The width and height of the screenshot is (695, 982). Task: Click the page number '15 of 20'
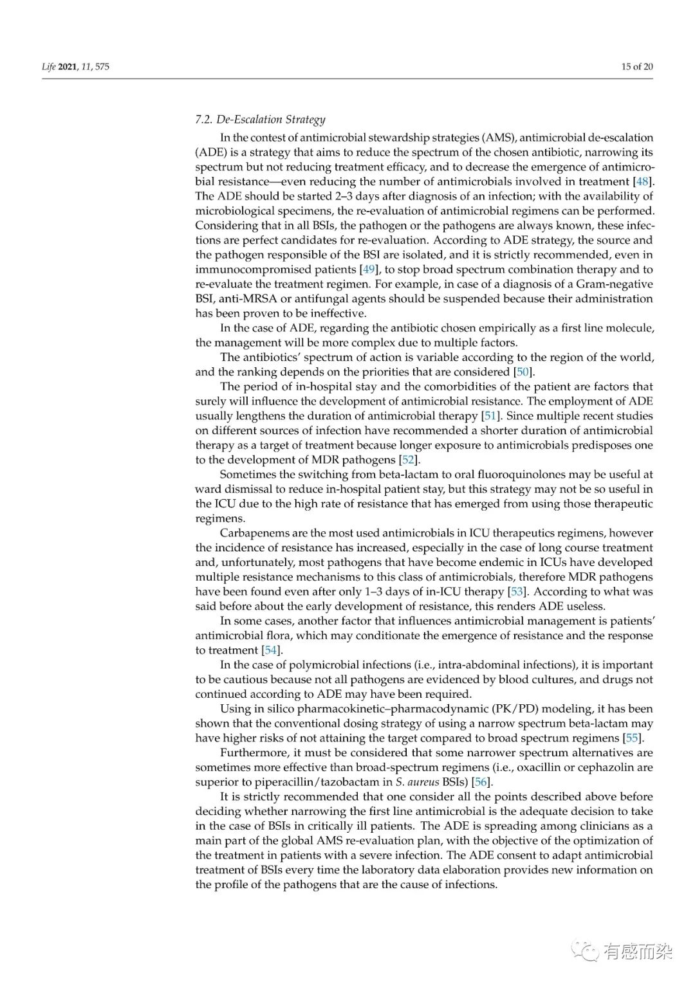point(637,66)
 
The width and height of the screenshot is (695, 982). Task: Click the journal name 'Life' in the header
point(49,66)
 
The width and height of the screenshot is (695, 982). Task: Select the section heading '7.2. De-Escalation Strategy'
point(260,119)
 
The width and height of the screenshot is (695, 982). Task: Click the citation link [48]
point(642,181)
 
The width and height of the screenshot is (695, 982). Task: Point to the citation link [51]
point(490,415)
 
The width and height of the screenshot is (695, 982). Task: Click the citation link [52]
point(409,460)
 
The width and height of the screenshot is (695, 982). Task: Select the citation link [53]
point(516,592)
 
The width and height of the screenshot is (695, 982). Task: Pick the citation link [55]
point(633,738)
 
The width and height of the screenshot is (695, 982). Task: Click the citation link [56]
point(481,782)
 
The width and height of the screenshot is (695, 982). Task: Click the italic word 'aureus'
point(422,782)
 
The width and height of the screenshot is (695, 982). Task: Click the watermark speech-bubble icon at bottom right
point(586,950)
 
